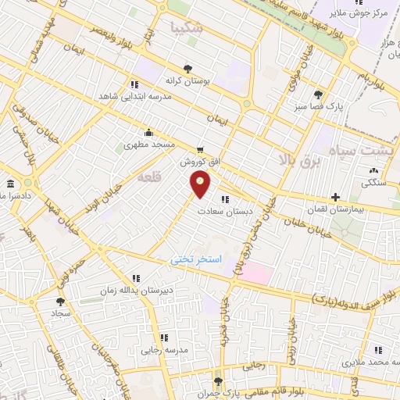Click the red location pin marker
(201, 184)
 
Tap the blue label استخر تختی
(197, 258)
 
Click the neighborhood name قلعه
(148, 179)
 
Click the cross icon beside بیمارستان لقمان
(335, 197)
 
